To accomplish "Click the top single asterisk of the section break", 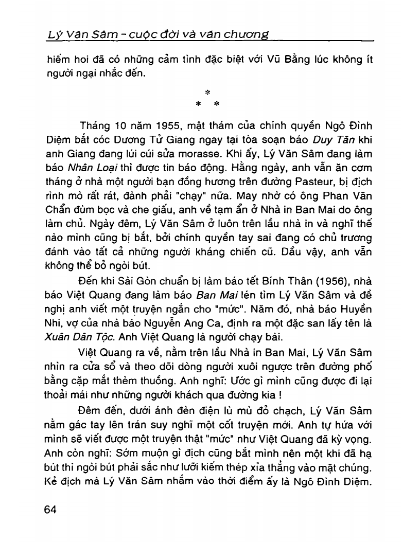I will (208, 93).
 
